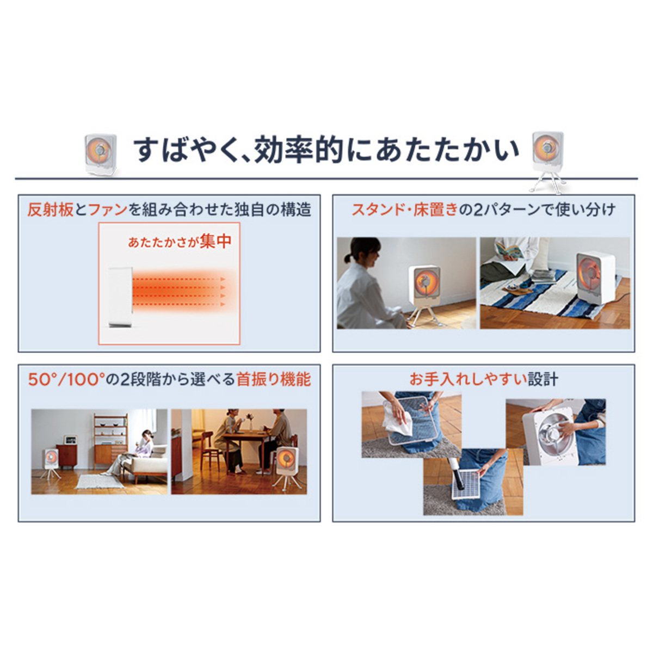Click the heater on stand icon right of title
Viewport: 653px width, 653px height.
tap(547, 161)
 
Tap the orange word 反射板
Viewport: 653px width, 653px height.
tap(51, 210)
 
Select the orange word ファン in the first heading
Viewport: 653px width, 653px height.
tap(107, 210)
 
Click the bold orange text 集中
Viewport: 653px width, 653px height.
tap(215, 241)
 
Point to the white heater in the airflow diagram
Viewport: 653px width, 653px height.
tap(120, 297)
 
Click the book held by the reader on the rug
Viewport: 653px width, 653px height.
tap(507, 250)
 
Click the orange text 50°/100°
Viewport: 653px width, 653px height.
tap(65, 379)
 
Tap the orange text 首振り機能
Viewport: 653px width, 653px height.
tap(274, 379)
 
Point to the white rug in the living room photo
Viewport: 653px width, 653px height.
tap(100, 481)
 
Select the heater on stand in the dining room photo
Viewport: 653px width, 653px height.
tap(287, 467)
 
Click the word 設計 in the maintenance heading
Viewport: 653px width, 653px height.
tap(543, 379)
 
